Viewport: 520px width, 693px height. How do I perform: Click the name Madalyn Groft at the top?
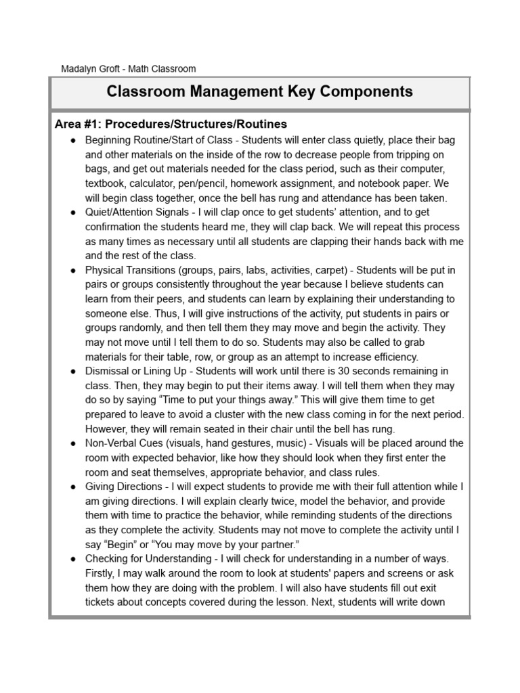[x=91, y=68]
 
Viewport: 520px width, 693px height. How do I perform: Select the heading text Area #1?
[x=77, y=124]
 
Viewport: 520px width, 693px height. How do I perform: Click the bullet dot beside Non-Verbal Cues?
[x=72, y=443]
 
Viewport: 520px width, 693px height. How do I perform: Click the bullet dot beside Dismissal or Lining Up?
[x=72, y=371]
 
